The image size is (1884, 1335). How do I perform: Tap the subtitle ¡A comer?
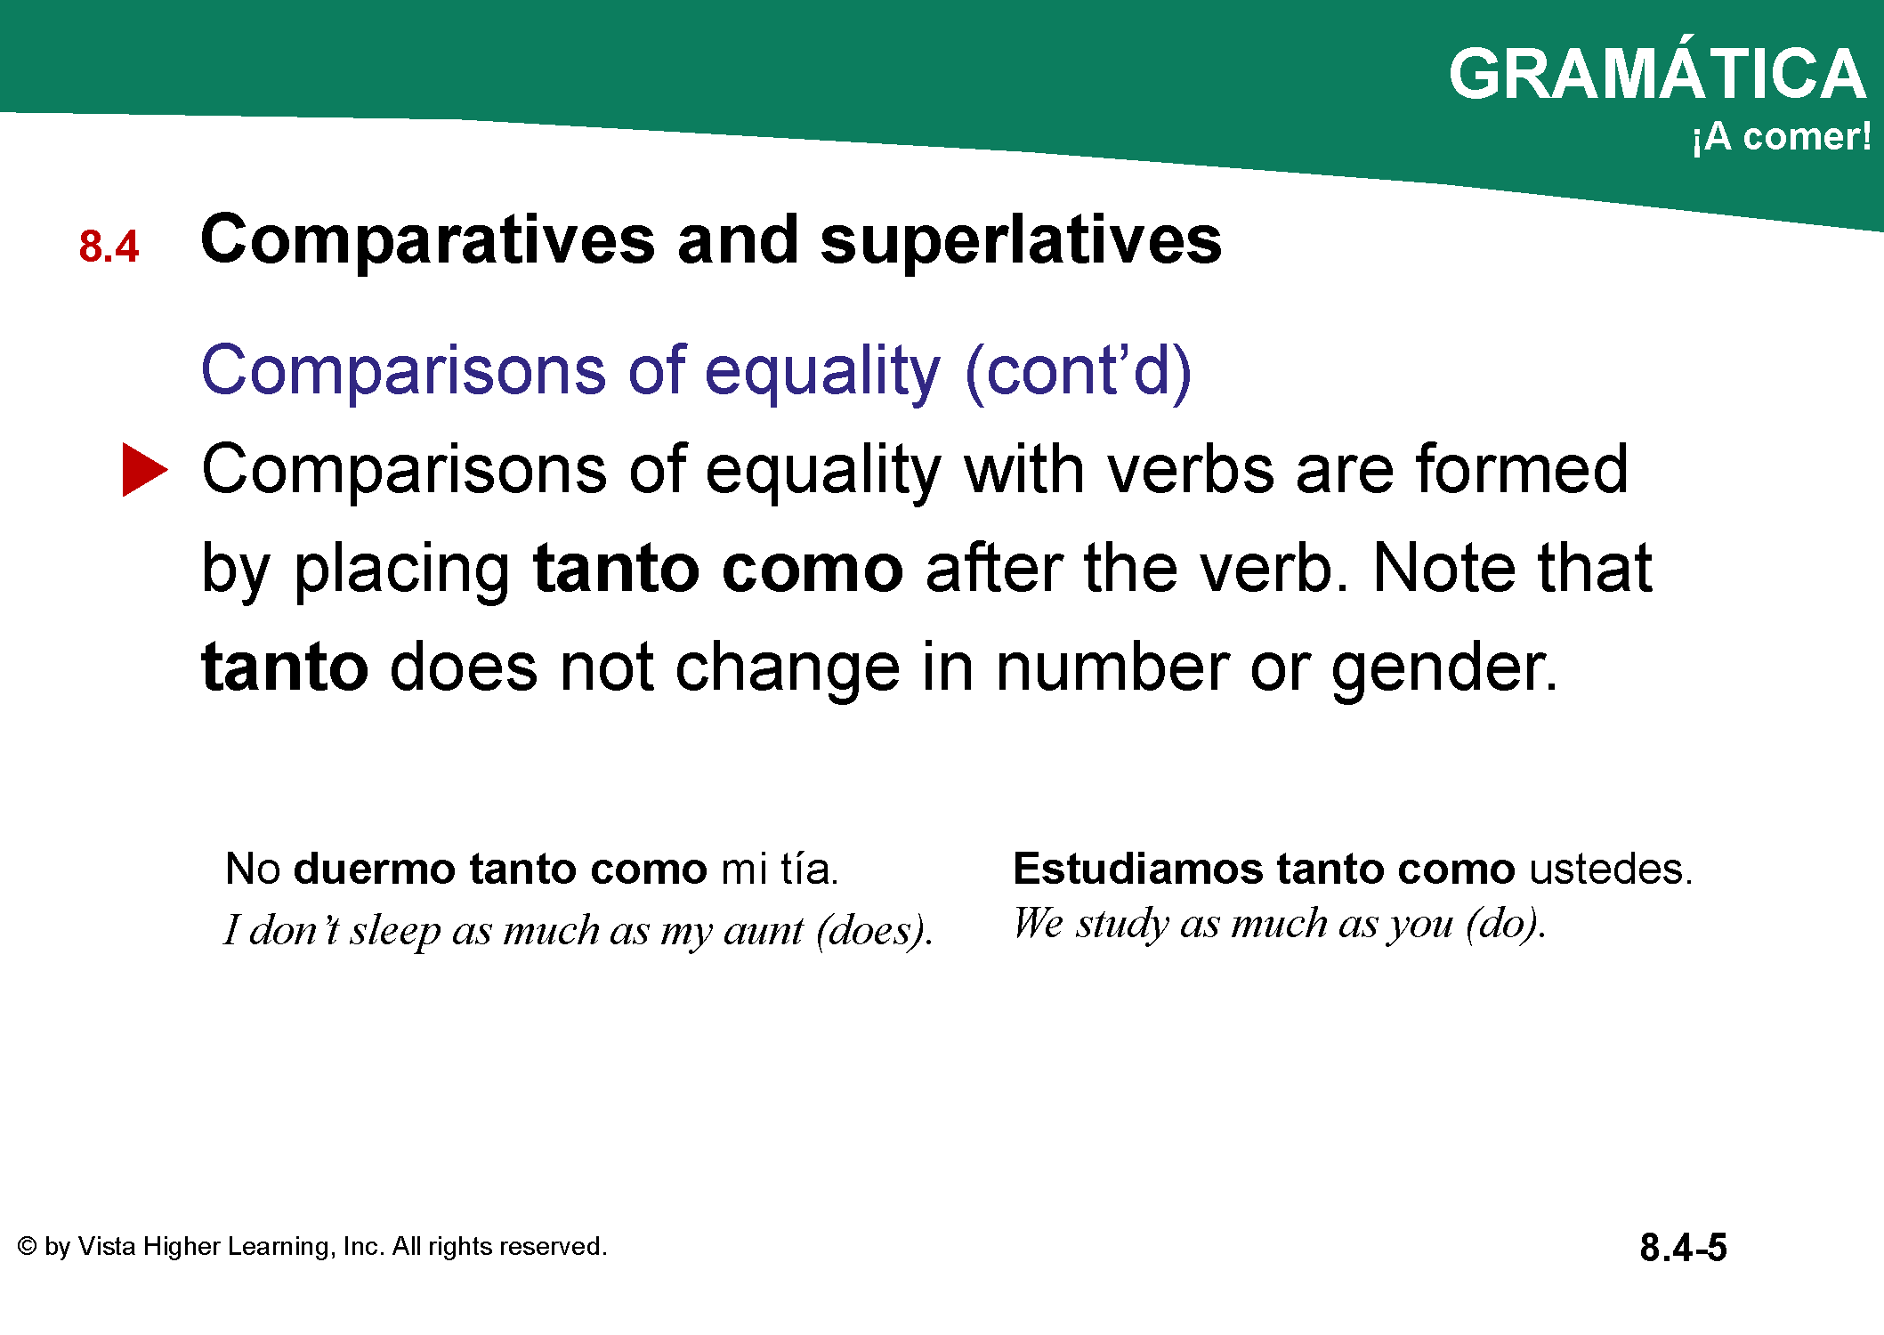1782,137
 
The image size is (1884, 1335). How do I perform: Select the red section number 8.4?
109,247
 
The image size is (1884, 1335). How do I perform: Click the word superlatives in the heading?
1021,240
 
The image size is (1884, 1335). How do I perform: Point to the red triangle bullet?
144,470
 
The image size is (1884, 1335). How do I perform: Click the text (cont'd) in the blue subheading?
1078,370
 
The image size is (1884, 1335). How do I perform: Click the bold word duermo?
375,869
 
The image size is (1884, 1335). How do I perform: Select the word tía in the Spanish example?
809,869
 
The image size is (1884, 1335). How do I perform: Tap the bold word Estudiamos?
1137,869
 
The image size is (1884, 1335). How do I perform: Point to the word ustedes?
1610,869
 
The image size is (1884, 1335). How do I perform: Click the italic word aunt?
764,931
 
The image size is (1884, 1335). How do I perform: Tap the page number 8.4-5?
1683,1248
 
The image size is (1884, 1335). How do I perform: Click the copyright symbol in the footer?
28,1246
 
